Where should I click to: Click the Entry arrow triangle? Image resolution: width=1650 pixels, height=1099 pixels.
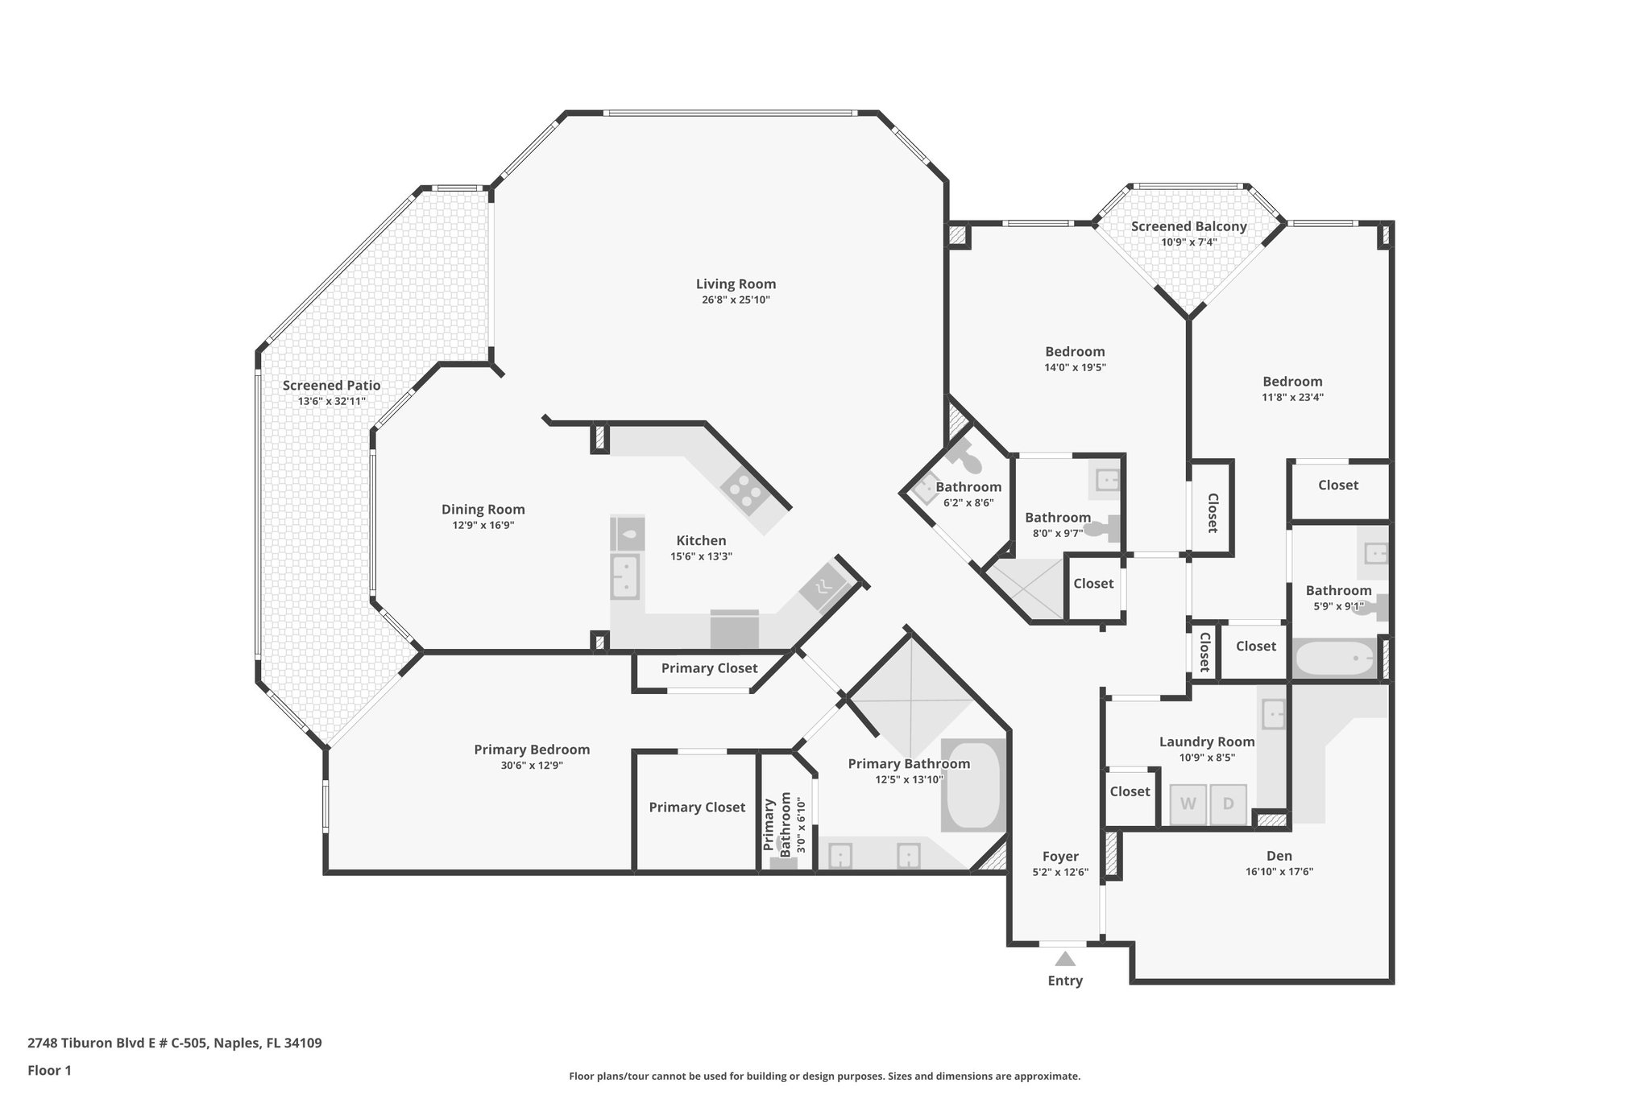point(1065,959)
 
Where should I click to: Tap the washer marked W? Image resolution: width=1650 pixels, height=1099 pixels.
point(1188,804)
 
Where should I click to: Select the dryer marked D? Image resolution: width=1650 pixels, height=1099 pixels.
point(1228,804)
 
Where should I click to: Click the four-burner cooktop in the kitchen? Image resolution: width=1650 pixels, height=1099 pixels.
point(743,490)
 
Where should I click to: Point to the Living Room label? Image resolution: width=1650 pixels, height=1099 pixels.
point(736,283)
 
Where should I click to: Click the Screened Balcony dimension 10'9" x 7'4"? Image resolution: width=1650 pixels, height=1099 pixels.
point(1188,242)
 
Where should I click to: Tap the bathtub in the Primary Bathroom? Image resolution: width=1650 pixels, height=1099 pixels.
point(973,786)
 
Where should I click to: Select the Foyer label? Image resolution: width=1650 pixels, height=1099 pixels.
point(1060,856)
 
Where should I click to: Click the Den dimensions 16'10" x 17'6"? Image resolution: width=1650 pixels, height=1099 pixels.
point(1279,871)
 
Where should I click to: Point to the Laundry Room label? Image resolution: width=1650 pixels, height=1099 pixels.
point(1206,742)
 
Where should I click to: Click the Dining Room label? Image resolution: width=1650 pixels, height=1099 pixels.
point(483,509)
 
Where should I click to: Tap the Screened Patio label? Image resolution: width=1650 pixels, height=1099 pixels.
point(331,385)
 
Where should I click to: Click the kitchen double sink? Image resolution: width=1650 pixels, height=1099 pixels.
point(625,576)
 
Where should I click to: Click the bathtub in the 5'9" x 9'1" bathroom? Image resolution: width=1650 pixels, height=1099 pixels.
point(1333,659)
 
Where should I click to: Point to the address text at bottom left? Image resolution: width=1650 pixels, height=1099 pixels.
point(175,1043)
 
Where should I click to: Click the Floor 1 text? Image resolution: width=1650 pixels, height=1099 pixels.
point(50,1070)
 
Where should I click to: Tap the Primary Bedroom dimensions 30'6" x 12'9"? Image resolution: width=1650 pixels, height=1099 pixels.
point(531,766)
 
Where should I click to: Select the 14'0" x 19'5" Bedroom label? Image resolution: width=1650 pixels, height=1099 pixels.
point(1075,351)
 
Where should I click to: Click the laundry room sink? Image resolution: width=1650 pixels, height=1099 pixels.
point(1273,713)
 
